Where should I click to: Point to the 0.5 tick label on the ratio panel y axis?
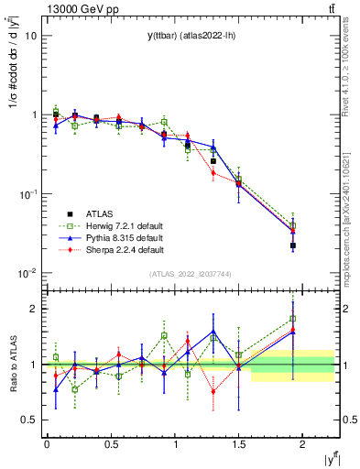point(30,420)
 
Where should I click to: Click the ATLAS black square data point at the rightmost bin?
point(293,245)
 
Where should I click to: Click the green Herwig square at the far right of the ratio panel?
point(293,319)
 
